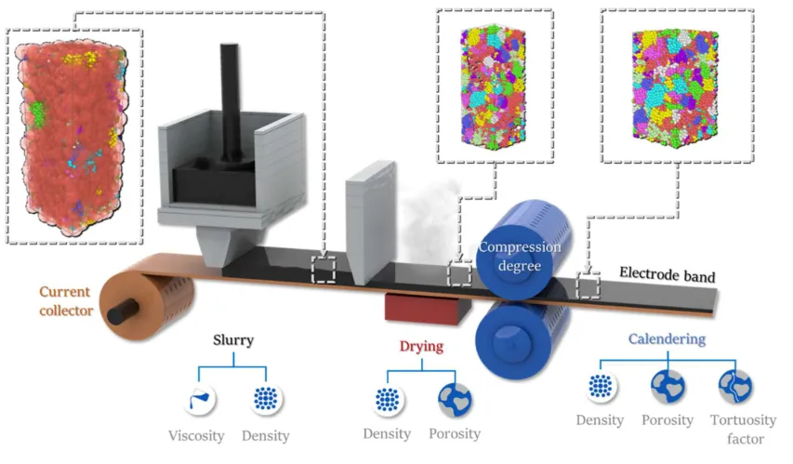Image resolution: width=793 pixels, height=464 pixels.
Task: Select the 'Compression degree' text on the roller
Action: point(520,255)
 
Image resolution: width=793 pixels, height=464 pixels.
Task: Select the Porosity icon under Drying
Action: point(455,399)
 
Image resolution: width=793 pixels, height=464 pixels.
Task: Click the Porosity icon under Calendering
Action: point(667,386)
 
